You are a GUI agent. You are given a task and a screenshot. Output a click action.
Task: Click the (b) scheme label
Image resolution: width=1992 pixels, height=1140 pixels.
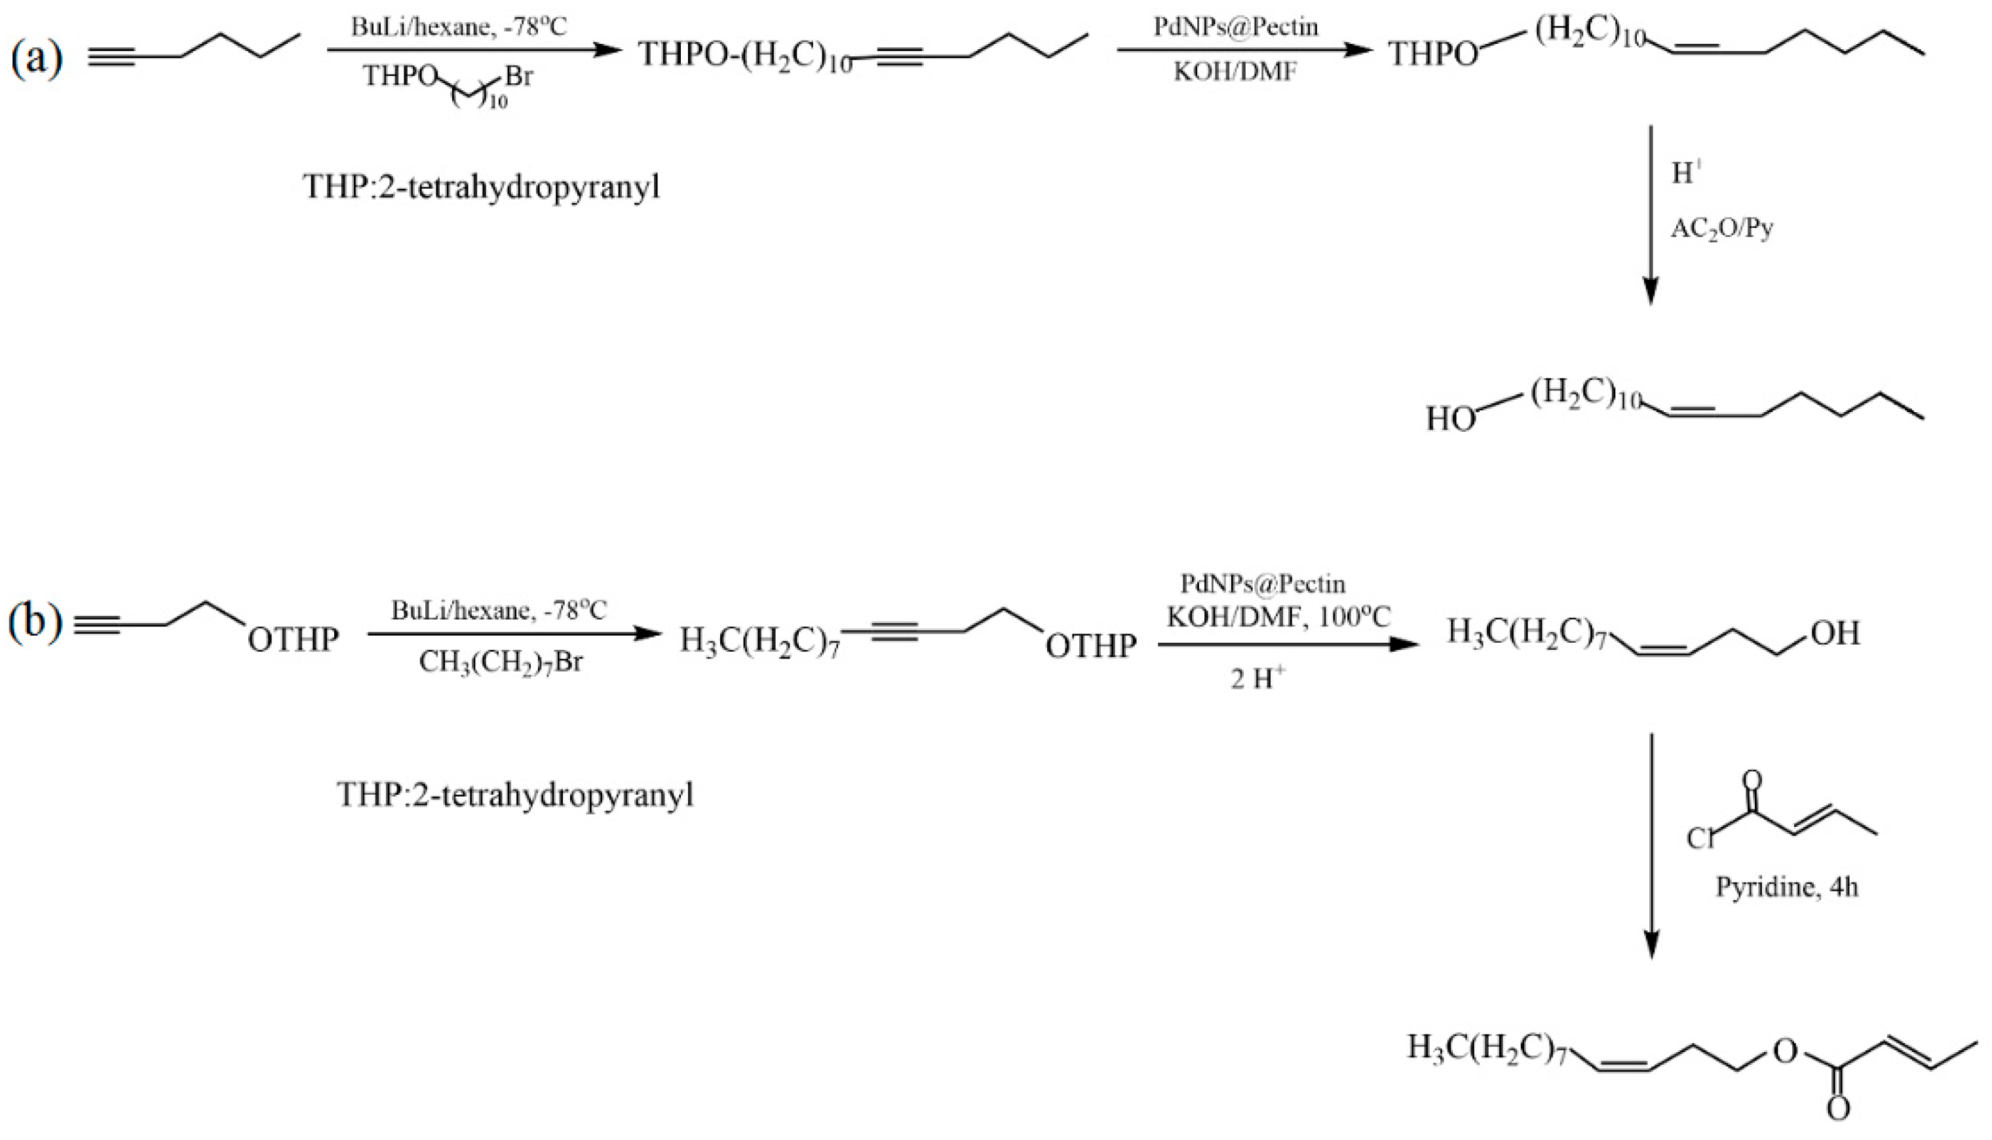pos(35,622)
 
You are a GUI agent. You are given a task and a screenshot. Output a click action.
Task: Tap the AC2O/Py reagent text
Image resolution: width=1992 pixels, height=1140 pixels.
pos(1722,229)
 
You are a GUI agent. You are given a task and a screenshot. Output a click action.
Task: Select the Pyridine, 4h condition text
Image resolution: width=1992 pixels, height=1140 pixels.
pos(1786,886)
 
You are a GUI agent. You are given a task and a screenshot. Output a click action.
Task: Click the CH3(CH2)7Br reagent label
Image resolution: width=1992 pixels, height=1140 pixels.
pos(501,662)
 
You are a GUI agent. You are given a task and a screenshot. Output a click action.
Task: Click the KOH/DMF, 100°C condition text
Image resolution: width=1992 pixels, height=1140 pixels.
pos(1278,618)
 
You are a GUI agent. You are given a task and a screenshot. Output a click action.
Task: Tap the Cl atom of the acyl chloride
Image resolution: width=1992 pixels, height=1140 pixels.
pos(1700,839)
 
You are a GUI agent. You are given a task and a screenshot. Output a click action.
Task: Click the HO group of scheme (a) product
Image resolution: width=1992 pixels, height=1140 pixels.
pos(1450,420)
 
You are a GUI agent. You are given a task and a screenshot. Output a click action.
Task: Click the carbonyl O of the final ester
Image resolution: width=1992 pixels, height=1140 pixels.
pos(1839,1109)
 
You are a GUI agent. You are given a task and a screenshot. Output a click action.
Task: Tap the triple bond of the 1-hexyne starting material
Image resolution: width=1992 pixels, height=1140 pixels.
pos(113,56)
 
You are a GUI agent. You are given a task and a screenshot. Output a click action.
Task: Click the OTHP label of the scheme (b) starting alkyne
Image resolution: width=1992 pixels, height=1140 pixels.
pos(294,639)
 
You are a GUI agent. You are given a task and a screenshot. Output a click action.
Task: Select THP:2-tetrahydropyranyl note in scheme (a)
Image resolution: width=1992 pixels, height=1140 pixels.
pos(482,187)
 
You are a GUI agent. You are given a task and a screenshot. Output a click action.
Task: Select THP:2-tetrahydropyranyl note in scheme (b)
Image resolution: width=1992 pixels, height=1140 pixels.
pos(515,795)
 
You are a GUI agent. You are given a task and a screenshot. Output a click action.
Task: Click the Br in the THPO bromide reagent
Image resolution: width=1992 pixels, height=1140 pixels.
pos(518,77)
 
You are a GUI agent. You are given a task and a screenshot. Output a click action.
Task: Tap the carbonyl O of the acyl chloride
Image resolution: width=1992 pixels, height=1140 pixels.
pos(1753,780)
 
